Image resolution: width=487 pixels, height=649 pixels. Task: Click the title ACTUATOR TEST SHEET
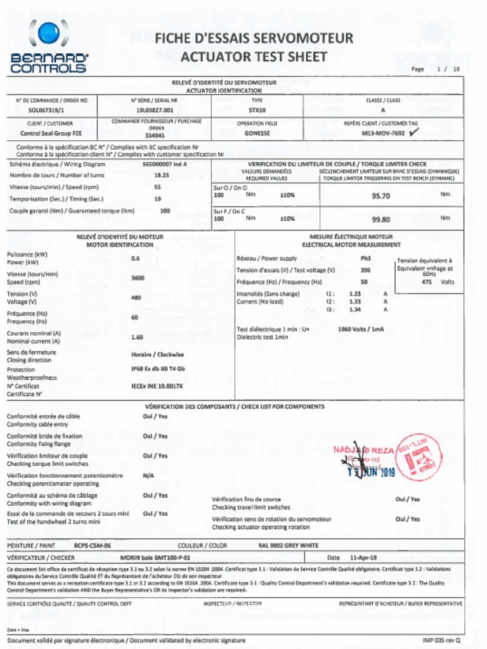[x=254, y=57]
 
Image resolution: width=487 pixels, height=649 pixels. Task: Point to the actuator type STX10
[x=257, y=110]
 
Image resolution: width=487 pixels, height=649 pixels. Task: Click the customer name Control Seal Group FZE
[x=50, y=134]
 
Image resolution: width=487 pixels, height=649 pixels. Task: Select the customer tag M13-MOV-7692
[x=382, y=134]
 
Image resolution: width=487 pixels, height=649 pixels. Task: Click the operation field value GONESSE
[x=257, y=134]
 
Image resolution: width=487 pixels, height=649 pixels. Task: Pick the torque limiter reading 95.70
[x=380, y=196]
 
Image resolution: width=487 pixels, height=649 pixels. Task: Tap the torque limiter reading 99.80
[x=380, y=219]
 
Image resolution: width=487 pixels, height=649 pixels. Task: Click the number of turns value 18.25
[x=161, y=175]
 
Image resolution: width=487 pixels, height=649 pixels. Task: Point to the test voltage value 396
[x=365, y=271]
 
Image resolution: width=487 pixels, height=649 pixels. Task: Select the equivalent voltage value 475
[x=427, y=282]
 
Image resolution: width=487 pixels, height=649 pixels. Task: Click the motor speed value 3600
[x=138, y=278]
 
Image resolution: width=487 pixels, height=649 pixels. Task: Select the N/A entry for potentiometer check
[x=148, y=475]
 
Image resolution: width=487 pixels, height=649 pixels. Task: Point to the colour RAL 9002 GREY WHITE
[x=289, y=545]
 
